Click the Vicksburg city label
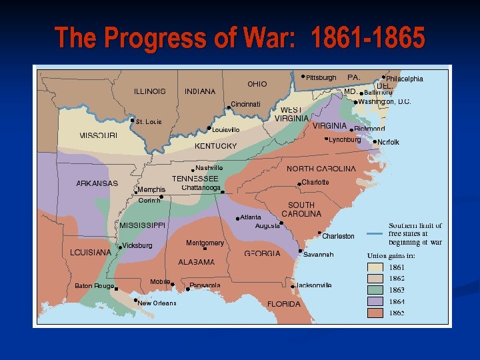[x=137, y=245]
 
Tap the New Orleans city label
[x=157, y=303]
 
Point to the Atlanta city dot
[x=238, y=219]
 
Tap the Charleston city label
[x=338, y=236]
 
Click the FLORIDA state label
[x=284, y=304]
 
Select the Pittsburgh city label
[x=321, y=78]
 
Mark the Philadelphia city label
[x=405, y=79]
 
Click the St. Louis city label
[x=149, y=122]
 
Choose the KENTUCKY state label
[x=216, y=145]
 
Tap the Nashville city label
[x=209, y=168]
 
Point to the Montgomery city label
[x=205, y=243]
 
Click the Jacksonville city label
[x=314, y=285]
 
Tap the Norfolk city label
[x=389, y=142]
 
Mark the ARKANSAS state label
[x=97, y=183]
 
